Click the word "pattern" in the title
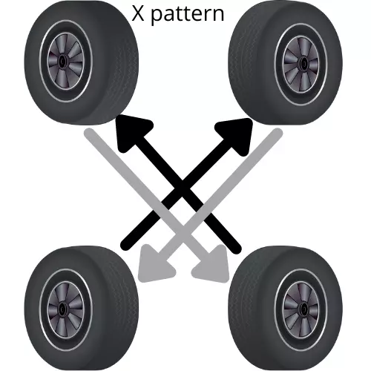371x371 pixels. [187, 15]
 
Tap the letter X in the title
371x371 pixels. [138, 13]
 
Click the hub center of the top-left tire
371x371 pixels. [62, 60]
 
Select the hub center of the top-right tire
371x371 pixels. [303, 63]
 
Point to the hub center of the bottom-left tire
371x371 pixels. [62, 309]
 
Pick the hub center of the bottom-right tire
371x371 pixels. [303, 309]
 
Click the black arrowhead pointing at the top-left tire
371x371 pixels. [131, 131]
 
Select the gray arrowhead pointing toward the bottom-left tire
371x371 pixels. [154, 266]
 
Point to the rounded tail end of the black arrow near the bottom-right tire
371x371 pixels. [236, 249]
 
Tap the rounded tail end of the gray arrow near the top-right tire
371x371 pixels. [278, 134]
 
